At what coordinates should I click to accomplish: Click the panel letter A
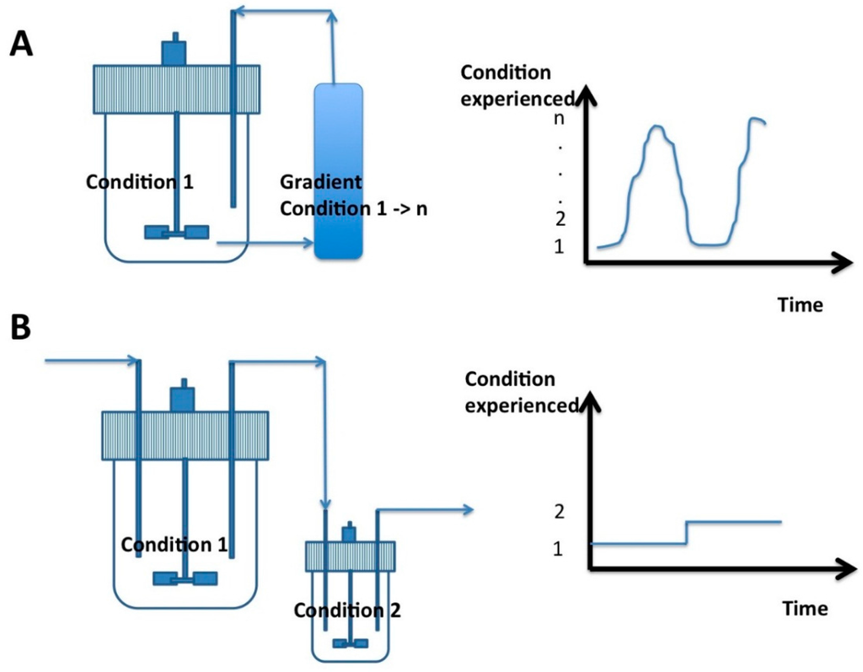coord(22,43)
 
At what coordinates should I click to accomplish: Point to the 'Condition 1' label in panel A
coord(140,181)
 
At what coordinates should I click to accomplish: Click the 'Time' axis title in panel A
coord(799,304)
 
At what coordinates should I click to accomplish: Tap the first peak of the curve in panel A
coord(657,128)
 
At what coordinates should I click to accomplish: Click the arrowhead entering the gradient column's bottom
coord(308,245)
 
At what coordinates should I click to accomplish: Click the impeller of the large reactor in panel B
coord(185,578)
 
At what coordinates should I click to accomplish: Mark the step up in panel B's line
coord(687,532)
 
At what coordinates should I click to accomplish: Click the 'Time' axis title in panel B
coord(804,609)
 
